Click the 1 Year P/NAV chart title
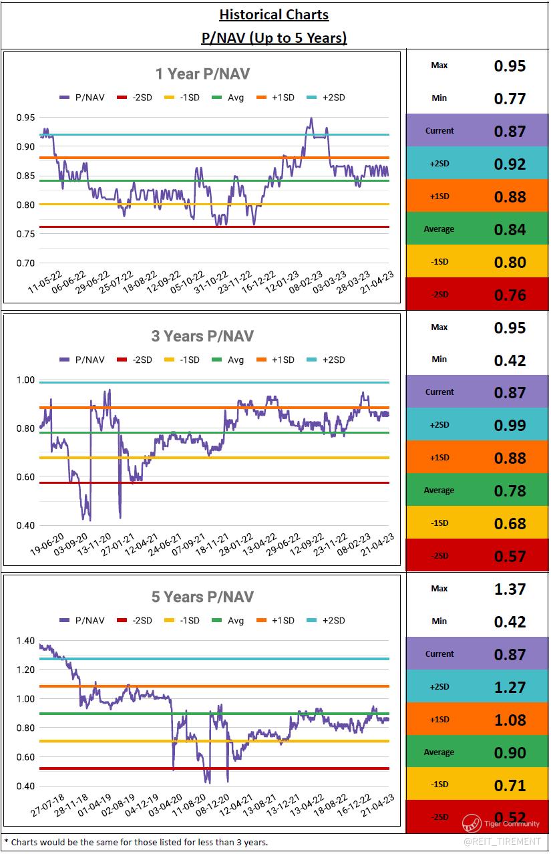(x=202, y=74)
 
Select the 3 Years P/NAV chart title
(x=202, y=335)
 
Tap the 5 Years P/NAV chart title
(x=202, y=597)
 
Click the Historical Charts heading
(x=274, y=14)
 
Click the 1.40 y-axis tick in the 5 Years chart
(x=25, y=641)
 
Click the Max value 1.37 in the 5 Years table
(x=510, y=589)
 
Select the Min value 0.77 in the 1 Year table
(x=510, y=99)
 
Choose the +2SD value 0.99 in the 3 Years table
(x=510, y=426)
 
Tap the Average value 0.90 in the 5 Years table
(x=510, y=753)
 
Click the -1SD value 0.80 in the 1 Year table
(x=510, y=263)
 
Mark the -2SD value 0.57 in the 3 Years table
(x=510, y=556)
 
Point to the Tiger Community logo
(x=472, y=823)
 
